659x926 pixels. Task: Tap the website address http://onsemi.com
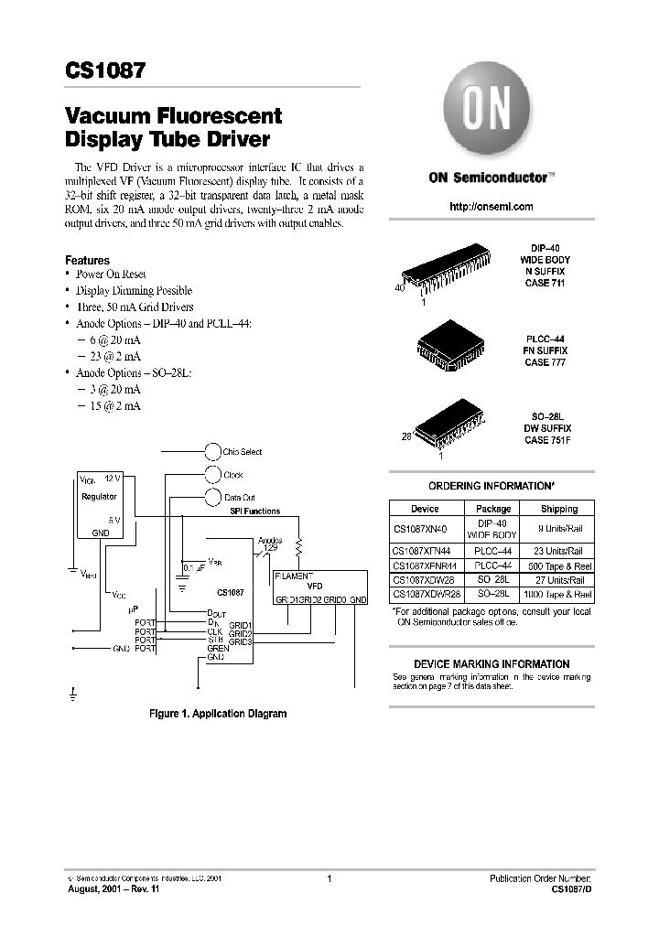click(492, 207)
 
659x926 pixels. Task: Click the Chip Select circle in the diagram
click(212, 451)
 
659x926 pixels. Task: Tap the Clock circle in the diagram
click(212, 475)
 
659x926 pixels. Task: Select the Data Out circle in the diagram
click(212, 498)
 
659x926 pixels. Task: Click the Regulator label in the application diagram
click(99, 497)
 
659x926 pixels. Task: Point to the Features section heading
click(87, 261)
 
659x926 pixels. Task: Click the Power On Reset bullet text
click(111, 275)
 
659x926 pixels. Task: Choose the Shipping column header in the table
click(558, 509)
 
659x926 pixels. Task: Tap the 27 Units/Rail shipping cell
click(558, 580)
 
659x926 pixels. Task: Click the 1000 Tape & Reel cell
click(558, 594)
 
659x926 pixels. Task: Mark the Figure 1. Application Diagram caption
click(218, 714)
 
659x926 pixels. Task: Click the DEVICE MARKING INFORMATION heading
click(492, 664)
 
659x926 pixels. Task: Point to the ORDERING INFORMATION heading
click(492, 486)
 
